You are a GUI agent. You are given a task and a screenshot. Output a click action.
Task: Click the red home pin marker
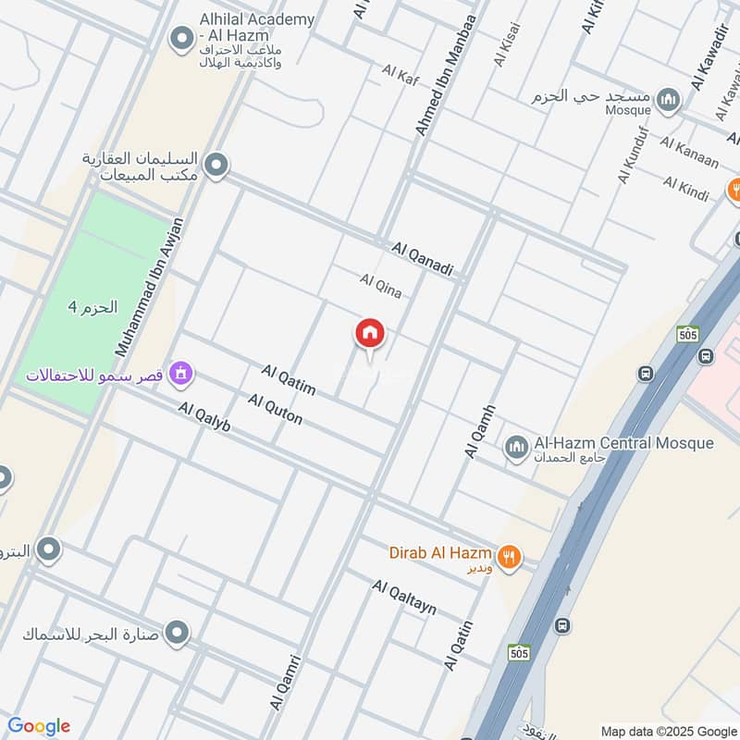click(x=370, y=335)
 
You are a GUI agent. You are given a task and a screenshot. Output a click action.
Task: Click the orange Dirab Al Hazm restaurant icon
click(x=509, y=558)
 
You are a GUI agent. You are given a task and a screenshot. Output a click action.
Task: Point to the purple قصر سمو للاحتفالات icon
click(x=181, y=375)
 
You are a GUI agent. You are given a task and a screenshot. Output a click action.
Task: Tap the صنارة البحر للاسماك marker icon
click(x=178, y=634)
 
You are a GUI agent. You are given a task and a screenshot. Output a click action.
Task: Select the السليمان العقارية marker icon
click(x=216, y=166)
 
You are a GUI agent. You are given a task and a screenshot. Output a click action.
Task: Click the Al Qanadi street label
click(x=423, y=259)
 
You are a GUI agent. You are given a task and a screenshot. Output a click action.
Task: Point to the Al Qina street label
click(x=381, y=286)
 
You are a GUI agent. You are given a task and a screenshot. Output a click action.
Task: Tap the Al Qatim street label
click(x=288, y=379)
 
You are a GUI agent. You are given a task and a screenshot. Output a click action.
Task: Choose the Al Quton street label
click(x=275, y=409)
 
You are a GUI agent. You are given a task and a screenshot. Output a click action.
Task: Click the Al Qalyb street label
click(x=204, y=417)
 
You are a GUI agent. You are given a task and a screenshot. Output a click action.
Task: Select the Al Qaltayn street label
click(x=404, y=598)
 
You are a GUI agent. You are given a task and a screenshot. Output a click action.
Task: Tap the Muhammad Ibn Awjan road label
click(x=149, y=288)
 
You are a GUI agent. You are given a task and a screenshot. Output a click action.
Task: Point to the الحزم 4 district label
click(x=93, y=307)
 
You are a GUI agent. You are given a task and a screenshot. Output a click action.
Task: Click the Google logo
click(x=39, y=725)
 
